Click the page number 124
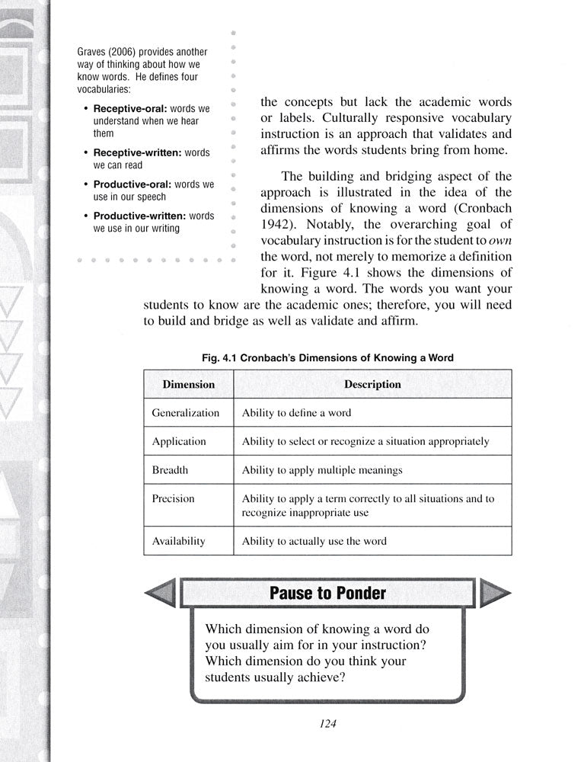click(328, 724)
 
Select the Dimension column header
click(188, 385)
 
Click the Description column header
click(372, 385)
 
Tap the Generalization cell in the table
click(185, 413)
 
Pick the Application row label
click(179, 441)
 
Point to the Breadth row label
click(170, 470)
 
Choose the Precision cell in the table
click(174, 498)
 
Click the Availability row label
click(179, 541)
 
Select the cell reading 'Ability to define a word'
click(296, 413)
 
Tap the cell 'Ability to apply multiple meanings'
click(322, 470)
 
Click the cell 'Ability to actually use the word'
click(314, 541)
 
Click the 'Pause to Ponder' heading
click(327, 593)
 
